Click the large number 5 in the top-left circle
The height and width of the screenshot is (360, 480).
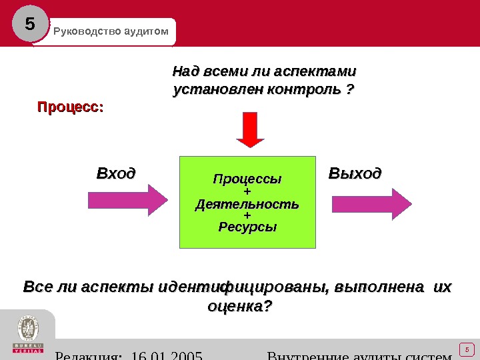[x=29, y=25]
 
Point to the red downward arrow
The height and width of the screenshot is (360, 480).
[x=251, y=129]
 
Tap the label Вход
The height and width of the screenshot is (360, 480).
[x=116, y=174]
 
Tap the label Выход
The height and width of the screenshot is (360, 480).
[x=355, y=174]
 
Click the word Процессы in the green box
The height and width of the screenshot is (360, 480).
[x=247, y=179]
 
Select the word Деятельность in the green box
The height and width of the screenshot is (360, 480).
[x=247, y=203]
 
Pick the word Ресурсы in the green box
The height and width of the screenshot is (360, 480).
[x=247, y=227]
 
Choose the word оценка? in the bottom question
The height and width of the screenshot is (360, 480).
[x=240, y=307]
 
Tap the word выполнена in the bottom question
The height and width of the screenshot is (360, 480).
[x=379, y=287]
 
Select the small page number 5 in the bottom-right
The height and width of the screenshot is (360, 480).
[x=467, y=349]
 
